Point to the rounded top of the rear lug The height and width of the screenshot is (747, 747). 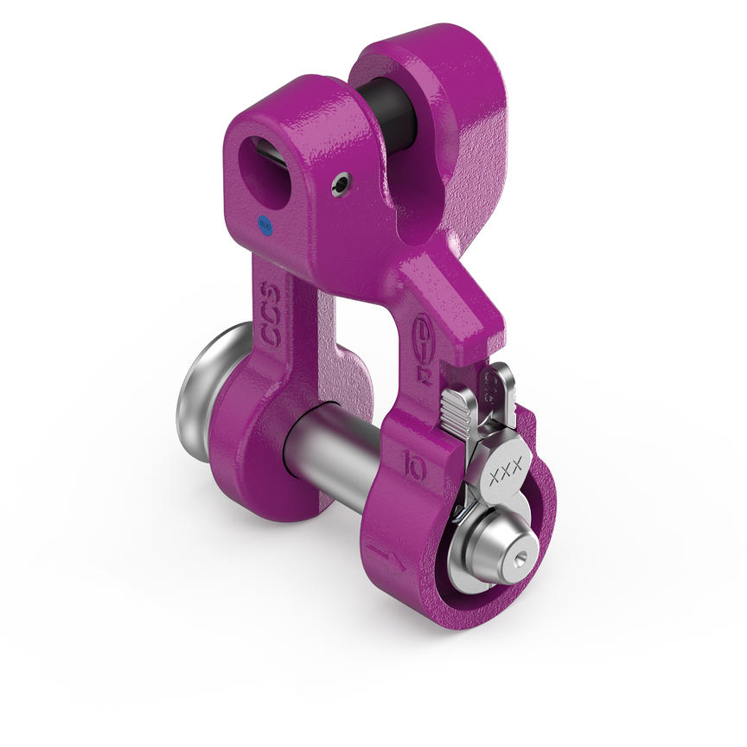click(x=423, y=43)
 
